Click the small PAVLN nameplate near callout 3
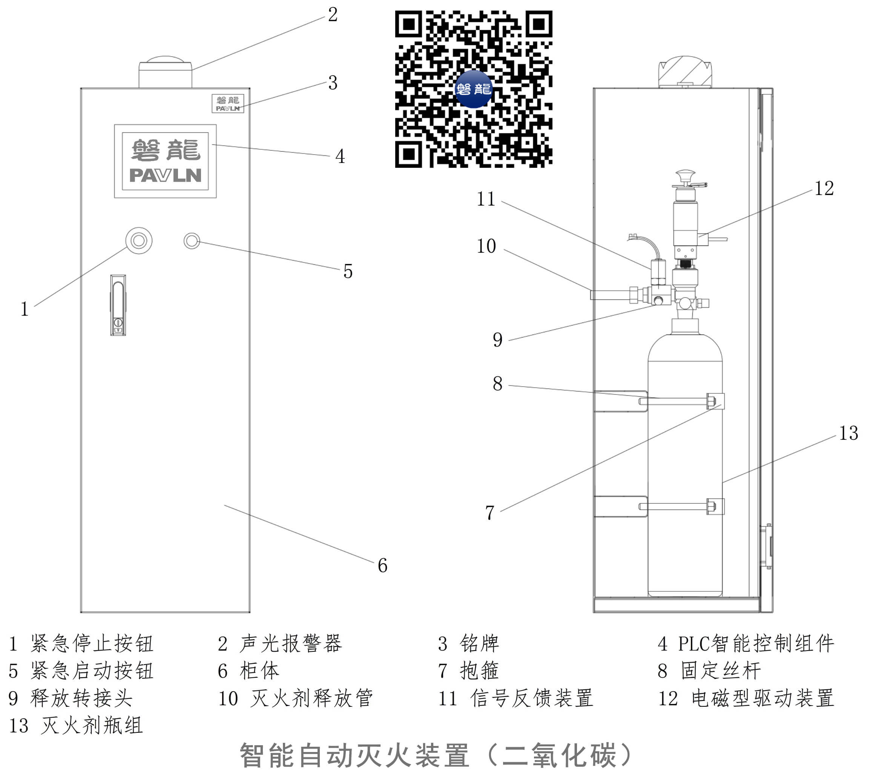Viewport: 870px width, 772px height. click(228, 103)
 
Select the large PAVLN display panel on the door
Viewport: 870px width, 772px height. click(165, 161)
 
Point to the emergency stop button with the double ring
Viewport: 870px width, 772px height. click(139, 241)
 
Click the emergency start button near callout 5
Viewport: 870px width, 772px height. click(192, 241)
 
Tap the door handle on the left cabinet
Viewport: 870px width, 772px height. click(118, 305)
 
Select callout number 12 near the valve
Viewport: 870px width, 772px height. click(824, 189)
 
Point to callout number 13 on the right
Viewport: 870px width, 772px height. click(848, 433)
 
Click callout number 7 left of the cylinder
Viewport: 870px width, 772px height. click(489, 513)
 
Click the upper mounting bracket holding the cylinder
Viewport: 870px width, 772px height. click(621, 401)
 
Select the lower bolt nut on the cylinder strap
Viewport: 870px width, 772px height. click(711, 506)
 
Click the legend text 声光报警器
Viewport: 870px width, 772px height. click(290, 643)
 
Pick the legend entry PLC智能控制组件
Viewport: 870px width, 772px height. click(755, 643)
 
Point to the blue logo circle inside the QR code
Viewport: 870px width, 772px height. click(473, 89)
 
